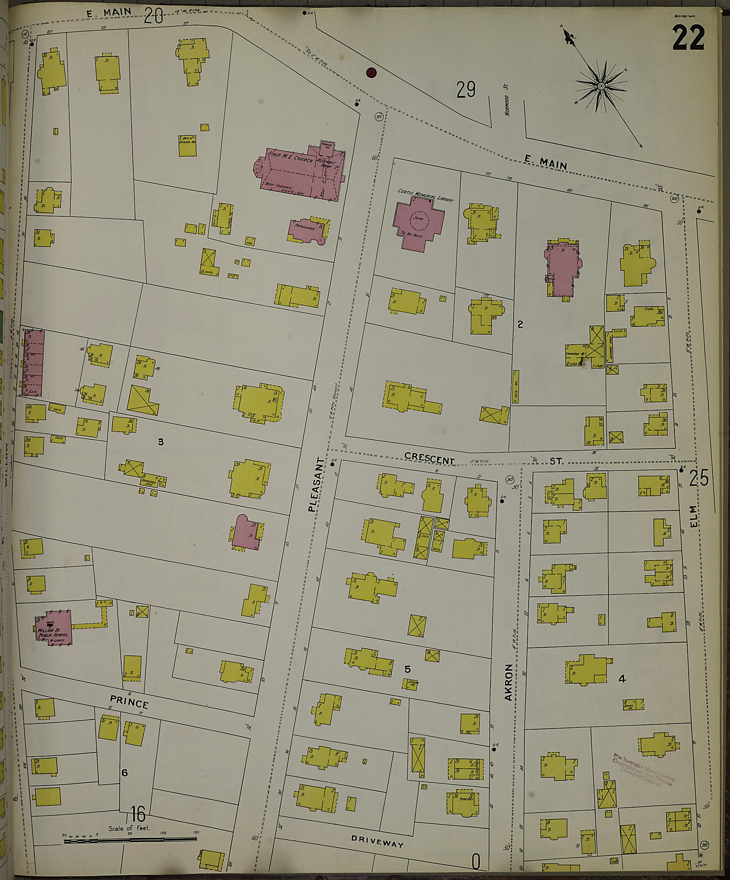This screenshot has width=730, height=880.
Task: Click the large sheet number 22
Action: [x=689, y=37]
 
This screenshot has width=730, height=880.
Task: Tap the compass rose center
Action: [x=601, y=86]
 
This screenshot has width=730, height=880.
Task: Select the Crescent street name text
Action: [x=430, y=458]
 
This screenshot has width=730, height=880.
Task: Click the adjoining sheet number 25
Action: [x=698, y=478]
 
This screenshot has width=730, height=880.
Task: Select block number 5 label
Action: [x=407, y=669]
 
